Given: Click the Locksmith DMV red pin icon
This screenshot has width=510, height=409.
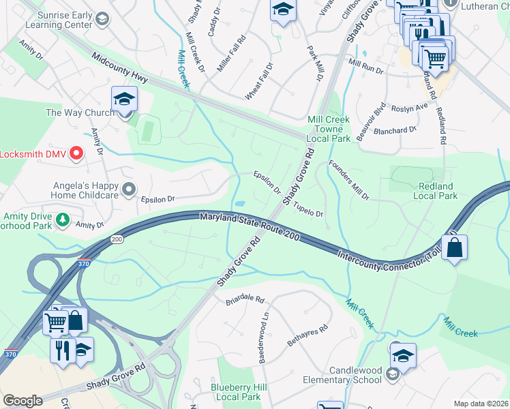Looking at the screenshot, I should click(76, 154).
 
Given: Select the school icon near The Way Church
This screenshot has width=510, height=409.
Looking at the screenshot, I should click(125, 100).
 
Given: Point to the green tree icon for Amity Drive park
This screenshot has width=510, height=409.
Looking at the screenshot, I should click(63, 219).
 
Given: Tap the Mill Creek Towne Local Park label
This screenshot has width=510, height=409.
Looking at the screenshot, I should click(329, 129).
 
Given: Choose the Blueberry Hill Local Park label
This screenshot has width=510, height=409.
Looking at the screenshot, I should click(236, 392).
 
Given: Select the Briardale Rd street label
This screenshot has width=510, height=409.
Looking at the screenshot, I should click(244, 299).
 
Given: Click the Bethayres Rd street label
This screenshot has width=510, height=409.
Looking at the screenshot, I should click(307, 335).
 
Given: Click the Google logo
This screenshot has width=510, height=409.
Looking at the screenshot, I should click(22, 401).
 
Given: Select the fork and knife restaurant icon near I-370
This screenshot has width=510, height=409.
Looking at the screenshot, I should click(61, 350).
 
